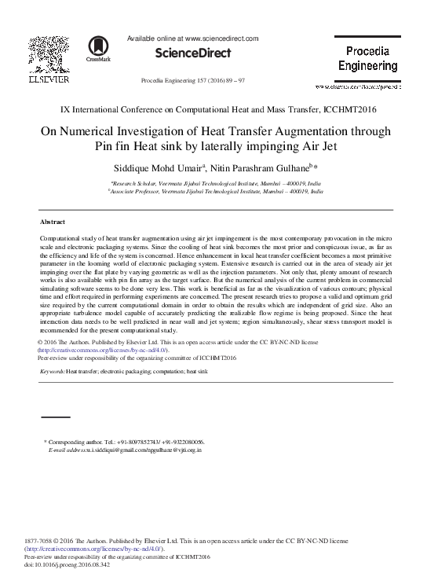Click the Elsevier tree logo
click(x=49, y=54)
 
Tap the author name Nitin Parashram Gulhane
click(x=262, y=169)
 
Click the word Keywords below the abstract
click(x=52, y=369)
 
